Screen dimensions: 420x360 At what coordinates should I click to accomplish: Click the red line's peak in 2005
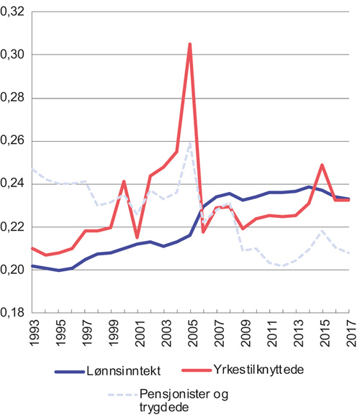point(189,44)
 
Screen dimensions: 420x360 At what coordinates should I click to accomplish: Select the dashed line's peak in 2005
point(189,142)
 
